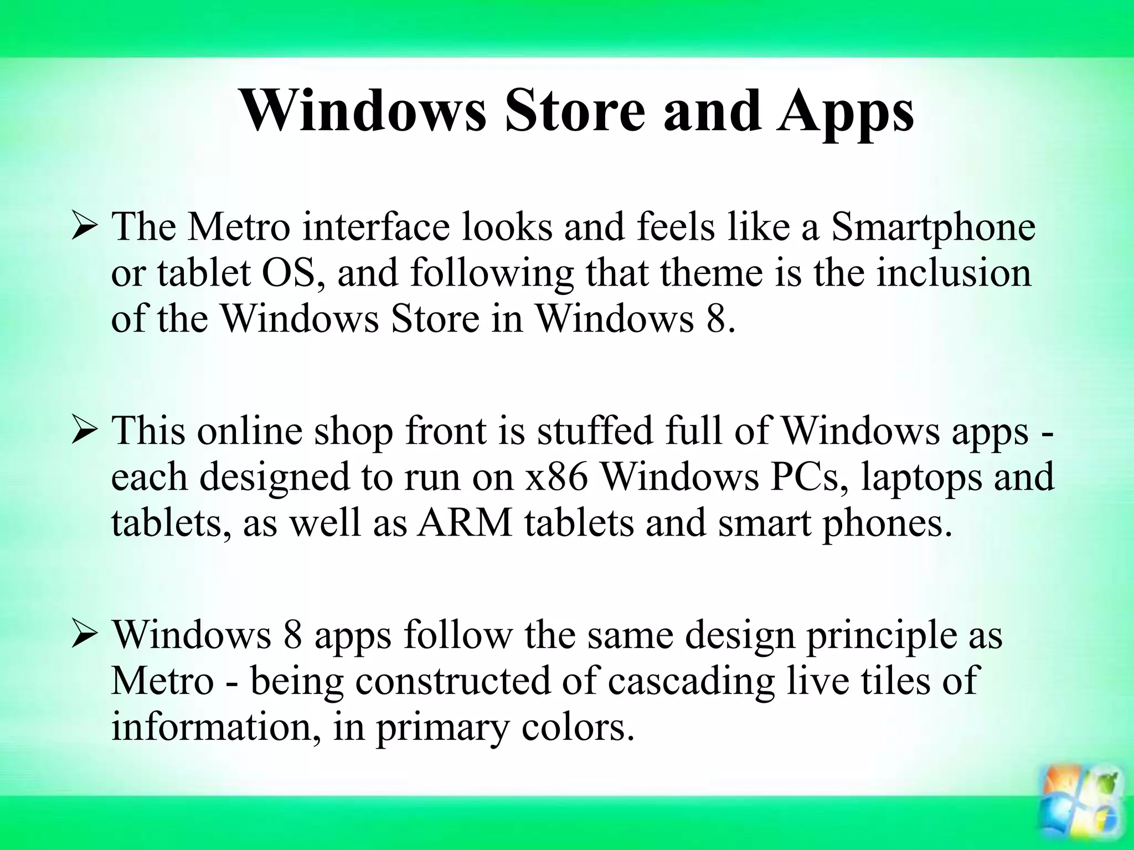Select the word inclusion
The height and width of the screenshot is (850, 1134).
[954, 273]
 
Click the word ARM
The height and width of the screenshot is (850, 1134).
[465, 524]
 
